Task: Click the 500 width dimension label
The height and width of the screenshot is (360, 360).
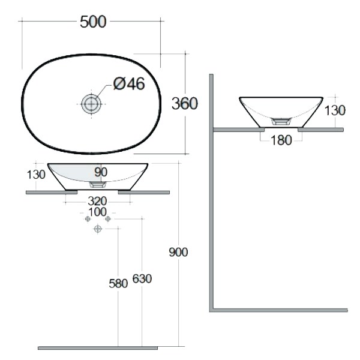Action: coord(93,22)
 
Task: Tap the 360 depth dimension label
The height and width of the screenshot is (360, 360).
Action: coord(185,103)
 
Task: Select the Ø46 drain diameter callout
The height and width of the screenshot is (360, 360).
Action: coord(129,83)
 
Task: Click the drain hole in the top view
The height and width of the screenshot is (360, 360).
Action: coord(91,104)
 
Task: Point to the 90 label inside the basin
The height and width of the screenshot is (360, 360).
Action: coord(101,172)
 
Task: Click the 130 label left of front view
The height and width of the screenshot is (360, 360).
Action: coord(36,175)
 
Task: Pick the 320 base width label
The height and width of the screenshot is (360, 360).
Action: coord(97,201)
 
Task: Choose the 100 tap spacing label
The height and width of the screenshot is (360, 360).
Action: coord(97,212)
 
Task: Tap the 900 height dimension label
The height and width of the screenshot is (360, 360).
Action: coord(178,252)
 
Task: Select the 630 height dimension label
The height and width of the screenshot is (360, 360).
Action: coord(142,279)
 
